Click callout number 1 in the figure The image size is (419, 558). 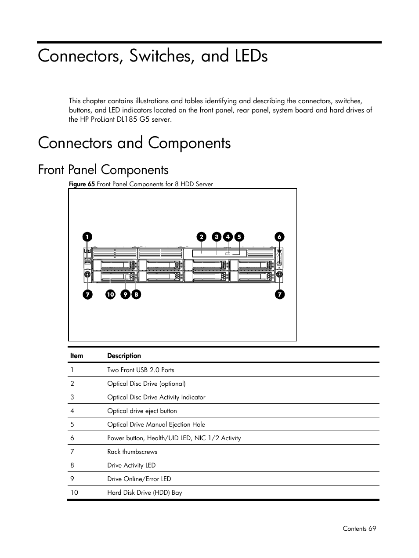pos(87,237)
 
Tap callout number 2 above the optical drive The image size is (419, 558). pos(201,237)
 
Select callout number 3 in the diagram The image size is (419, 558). pos(216,237)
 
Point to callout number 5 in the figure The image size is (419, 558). pos(239,237)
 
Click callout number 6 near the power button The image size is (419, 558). pos(279,237)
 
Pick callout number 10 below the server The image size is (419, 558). pos(110,294)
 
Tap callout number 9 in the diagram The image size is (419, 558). pos(126,294)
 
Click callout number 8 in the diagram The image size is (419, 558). pos(136,294)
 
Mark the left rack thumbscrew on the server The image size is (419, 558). pos(87,275)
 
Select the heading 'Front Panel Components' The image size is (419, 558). pos(103,170)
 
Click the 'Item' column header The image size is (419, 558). pos(76,356)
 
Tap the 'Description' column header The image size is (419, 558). pos(124,356)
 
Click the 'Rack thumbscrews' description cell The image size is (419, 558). pos(132,452)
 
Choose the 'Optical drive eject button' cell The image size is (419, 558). pos(142,411)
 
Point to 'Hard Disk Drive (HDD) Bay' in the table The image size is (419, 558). pos(144,493)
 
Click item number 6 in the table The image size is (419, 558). pos(72,438)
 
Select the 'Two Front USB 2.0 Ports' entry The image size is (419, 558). pos(141,370)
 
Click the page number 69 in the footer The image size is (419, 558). pos(372,529)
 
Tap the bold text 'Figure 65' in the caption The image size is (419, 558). pos(82,184)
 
